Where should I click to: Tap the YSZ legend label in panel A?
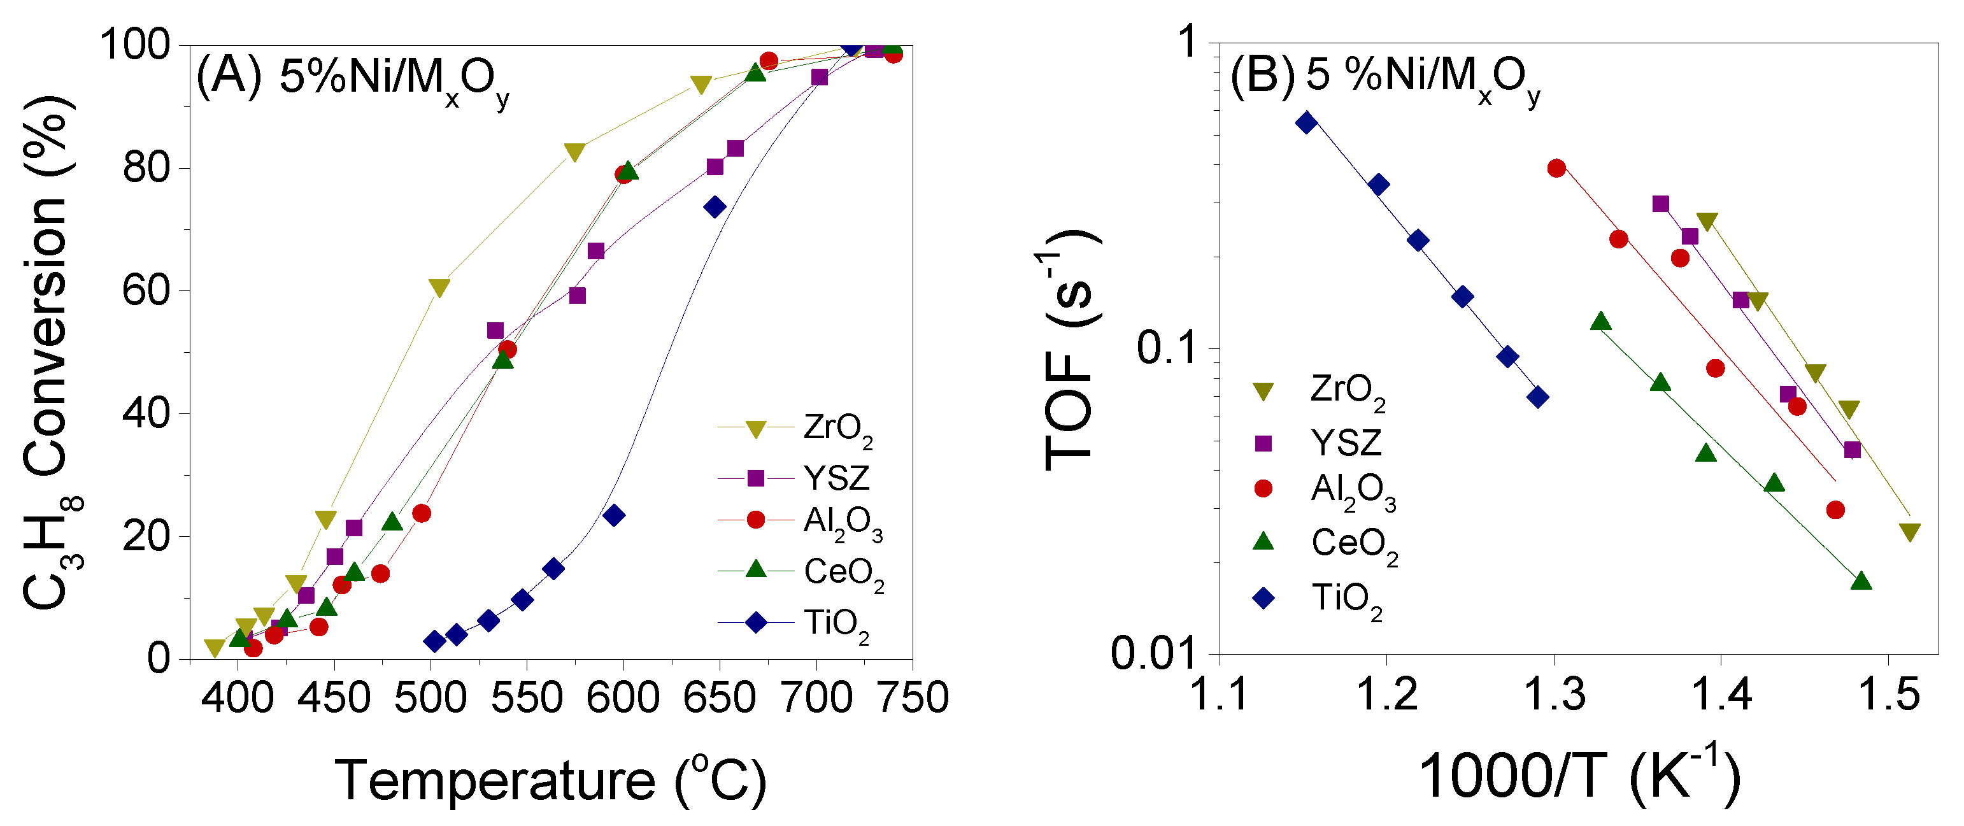tap(836, 478)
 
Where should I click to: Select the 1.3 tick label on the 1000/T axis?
tap(1553, 695)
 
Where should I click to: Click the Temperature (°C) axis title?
tap(550, 780)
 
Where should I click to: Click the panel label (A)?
tap(229, 76)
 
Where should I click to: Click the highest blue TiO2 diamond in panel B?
tap(1307, 123)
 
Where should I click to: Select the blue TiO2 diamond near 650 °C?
tap(715, 207)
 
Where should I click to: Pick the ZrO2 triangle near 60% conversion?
tap(439, 287)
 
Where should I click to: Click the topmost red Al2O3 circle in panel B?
tap(1556, 169)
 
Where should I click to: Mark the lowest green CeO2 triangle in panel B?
tap(1861, 581)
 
